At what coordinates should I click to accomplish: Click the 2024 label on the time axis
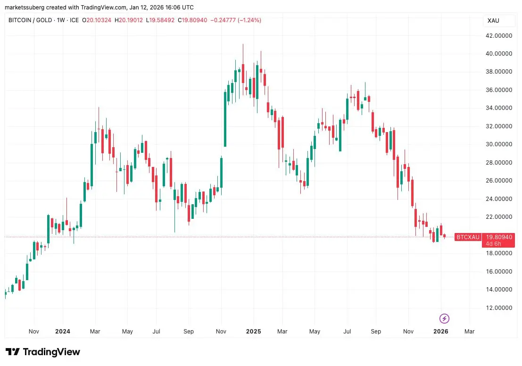pyautogui.click(x=62, y=331)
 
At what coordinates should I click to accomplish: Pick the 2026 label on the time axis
pyautogui.click(x=441, y=331)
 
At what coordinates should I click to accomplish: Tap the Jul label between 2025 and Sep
pyautogui.click(x=347, y=331)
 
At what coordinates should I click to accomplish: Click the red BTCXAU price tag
pyautogui.click(x=467, y=237)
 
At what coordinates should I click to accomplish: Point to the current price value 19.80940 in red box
pyautogui.click(x=498, y=237)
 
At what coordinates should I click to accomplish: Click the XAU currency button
pyautogui.click(x=494, y=21)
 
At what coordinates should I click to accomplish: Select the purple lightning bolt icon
pyautogui.click(x=444, y=318)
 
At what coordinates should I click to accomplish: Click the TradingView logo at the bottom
pyautogui.click(x=43, y=352)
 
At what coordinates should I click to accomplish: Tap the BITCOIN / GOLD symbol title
pyautogui.click(x=30, y=20)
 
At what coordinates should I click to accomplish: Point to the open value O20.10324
pyautogui.click(x=97, y=20)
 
